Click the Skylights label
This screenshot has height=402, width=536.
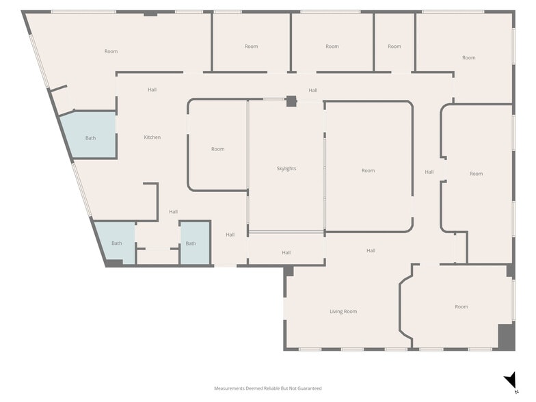pos(286,168)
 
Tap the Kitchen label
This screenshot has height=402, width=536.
pos(152,137)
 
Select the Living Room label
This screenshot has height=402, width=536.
pos(343,312)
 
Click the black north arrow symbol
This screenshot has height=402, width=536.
pos(509,381)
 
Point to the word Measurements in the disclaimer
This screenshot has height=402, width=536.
pos(230,388)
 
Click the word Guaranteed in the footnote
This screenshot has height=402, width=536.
pos(309,388)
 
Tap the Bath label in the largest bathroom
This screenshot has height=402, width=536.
pos(90,138)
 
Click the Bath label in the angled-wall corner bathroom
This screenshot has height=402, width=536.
pos(117,243)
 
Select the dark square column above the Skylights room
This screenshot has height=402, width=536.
pos(291,101)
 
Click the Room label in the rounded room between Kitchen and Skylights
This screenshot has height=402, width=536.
pos(217,149)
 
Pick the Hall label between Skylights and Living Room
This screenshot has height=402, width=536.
pos(286,253)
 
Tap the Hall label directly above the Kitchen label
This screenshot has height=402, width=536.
pos(152,90)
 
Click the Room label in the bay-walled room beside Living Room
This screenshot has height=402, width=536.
pos(461,307)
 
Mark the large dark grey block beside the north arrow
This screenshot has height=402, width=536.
pos(505,336)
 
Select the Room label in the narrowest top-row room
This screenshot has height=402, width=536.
pos(394,46)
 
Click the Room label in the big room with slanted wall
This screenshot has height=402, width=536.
pos(111,51)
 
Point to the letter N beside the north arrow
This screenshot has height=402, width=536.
pos(516,392)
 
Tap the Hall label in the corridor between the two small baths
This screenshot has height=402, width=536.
pos(173,212)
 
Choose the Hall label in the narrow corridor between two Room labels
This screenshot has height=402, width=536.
pos(429,172)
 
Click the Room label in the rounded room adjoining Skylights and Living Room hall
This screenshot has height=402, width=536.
pos(368,170)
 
